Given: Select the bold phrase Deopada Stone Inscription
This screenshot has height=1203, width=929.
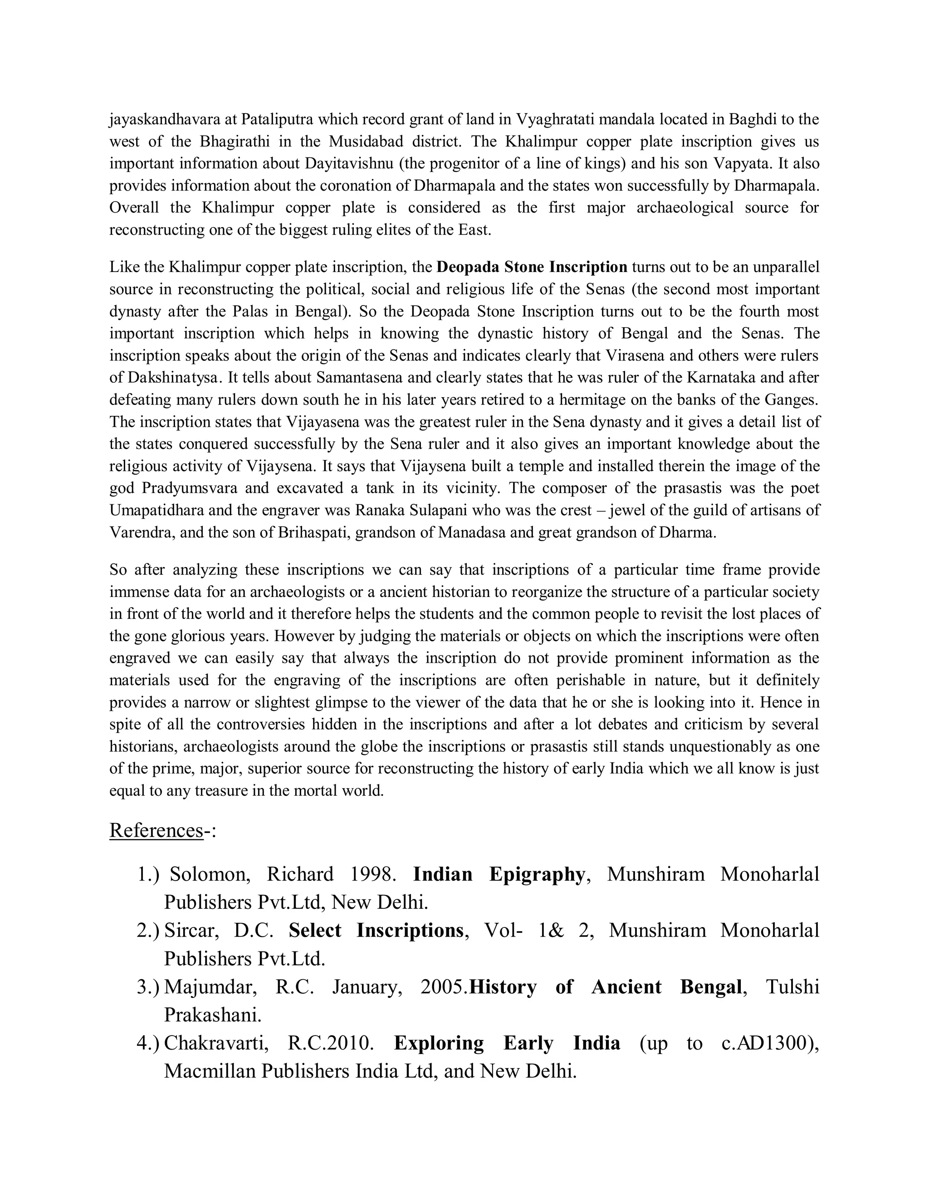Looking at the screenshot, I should tap(532, 267).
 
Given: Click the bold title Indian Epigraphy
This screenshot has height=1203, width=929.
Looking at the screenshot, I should tap(499, 874).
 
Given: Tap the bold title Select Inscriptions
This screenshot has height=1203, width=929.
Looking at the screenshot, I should tap(376, 930).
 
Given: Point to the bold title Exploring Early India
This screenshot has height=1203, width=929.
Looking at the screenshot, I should tap(507, 1043).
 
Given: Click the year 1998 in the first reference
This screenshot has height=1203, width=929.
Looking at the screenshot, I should tap(373, 874).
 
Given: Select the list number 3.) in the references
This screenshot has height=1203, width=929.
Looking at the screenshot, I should tap(148, 986).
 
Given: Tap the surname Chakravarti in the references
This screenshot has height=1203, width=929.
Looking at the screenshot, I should tap(216, 1043).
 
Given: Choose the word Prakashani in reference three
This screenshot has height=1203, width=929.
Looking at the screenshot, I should tap(212, 1015).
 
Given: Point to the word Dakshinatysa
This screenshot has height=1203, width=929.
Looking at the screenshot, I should tap(176, 378).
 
